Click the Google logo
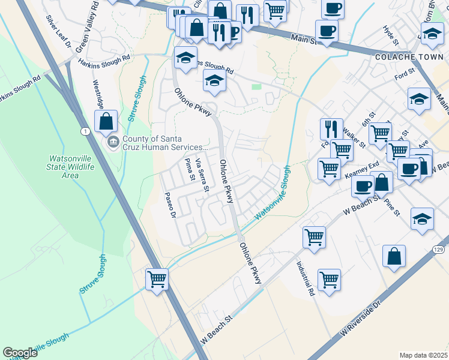[x=20, y=353]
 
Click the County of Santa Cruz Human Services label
[x=165, y=143]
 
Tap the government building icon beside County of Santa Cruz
[x=113, y=143]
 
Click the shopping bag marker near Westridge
[x=106, y=121]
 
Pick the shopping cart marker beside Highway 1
[x=157, y=279]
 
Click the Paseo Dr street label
[x=171, y=205]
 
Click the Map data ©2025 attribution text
[x=423, y=355]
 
